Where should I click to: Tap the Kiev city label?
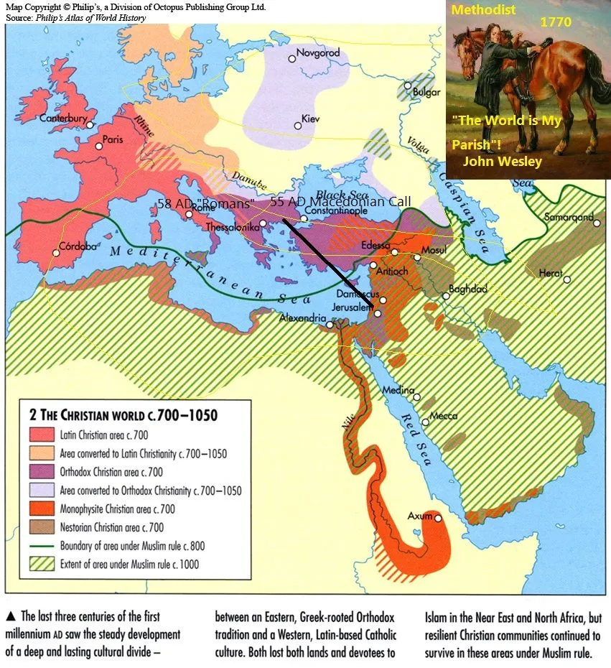point(312,118)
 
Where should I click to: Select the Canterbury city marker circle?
point(90,125)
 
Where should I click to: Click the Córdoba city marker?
point(57,253)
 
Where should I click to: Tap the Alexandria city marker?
point(330,325)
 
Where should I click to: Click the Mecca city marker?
point(425,422)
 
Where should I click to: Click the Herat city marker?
point(567,279)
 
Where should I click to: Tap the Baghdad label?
point(467,289)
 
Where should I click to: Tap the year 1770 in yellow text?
point(556,22)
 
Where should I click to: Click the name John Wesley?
point(502,162)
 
